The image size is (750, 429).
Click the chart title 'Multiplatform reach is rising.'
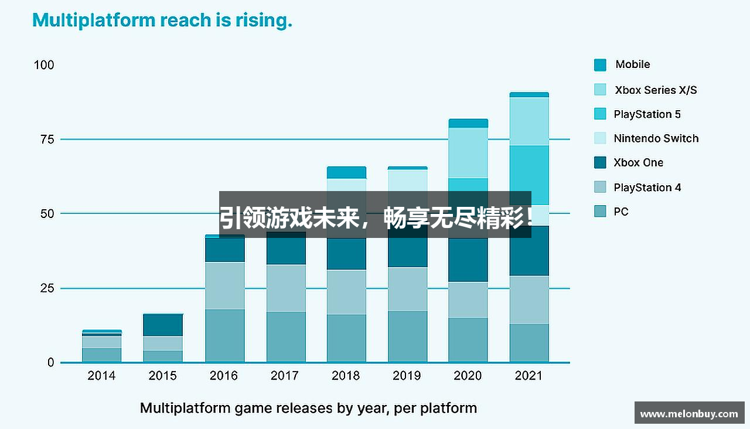click(162, 21)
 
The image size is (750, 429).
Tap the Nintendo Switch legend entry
click(646, 139)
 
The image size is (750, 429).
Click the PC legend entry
click(612, 212)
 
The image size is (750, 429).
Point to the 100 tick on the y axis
click(44, 65)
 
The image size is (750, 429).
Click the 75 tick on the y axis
click(47, 139)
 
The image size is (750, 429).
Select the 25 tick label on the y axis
click(47, 288)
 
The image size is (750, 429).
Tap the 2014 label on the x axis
click(101, 376)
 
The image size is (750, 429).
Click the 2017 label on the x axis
click(285, 376)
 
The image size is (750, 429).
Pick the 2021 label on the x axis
click(529, 376)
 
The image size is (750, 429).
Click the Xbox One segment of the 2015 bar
click(163, 325)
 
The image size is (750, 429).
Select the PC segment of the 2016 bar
click(224, 336)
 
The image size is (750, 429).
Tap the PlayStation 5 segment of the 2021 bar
click(529, 175)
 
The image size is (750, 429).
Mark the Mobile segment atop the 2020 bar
click(468, 123)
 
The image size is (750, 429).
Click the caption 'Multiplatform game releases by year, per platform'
click(308, 408)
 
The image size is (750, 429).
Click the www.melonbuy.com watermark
click(689, 413)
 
